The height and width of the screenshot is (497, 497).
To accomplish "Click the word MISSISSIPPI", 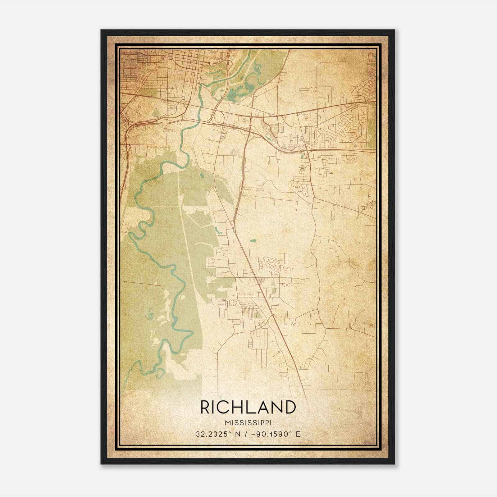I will [248, 423].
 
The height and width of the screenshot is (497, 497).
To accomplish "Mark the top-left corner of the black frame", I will [102, 30].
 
